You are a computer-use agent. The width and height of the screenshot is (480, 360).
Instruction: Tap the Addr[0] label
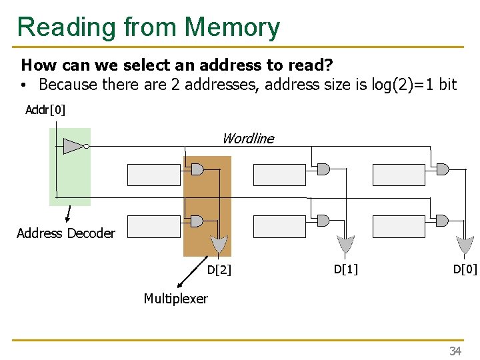pyautogui.click(x=45, y=109)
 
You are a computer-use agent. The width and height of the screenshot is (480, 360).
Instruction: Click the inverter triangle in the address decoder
pyautogui.click(x=73, y=146)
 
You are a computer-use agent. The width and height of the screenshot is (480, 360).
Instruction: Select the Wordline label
pyautogui.click(x=247, y=139)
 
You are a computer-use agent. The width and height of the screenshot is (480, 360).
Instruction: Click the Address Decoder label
pyautogui.click(x=65, y=233)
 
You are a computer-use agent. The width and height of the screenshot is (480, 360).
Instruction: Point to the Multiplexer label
pyautogui.click(x=175, y=299)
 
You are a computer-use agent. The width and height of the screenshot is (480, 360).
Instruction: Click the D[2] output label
pyautogui.click(x=219, y=270)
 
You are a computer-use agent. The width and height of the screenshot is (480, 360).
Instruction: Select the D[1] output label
pyautogui.click(x=345, y=269)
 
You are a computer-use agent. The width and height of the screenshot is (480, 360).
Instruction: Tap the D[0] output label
pyautogui.click(x=465, y=269)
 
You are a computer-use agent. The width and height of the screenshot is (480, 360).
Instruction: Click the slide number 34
pyautogui.click(x=455, y=351)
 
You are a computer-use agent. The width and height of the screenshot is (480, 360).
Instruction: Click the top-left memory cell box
pyautogui.click(x=153, y=175)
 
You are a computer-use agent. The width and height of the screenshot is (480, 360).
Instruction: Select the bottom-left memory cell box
pyautogui.click(x=153, y=227)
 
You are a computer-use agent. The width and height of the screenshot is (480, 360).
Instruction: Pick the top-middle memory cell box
pyautogui.click(x=279, y=175)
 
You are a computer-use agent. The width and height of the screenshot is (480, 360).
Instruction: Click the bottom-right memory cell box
pyautogui.click(x=398, y=227)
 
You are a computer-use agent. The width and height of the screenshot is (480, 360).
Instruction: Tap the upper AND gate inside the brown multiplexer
pyautogui.click(x=197, y=169)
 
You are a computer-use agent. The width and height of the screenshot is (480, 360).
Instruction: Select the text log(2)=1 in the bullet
pyautogui.click(x=397, y=85)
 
